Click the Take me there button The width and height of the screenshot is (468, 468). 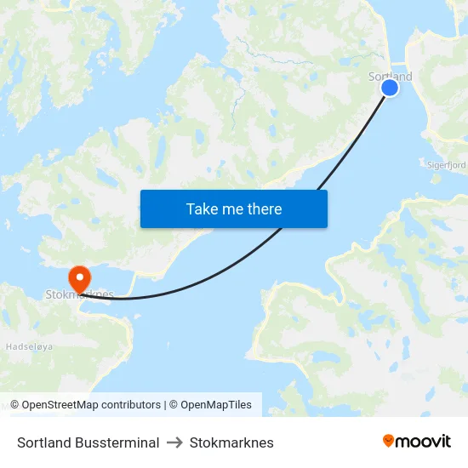[233, 208]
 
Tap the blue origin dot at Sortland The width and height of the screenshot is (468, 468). [390, 88]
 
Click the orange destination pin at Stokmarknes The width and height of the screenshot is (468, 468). [79, 277]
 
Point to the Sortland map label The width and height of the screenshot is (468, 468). [390, 77]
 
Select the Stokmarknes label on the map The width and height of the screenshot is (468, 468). [79, 295]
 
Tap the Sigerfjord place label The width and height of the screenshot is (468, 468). [447, 165]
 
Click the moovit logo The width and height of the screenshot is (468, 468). [416, 442]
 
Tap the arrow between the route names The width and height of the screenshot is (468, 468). [174, 442]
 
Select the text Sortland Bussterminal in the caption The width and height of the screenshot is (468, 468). [88, 442]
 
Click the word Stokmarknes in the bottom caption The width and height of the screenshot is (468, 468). [231, 442]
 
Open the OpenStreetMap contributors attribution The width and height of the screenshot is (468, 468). [91, 405]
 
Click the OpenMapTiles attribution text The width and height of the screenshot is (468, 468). [215, 405]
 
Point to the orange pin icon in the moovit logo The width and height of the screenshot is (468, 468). [388, 441]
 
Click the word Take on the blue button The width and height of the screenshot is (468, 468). [201, 208]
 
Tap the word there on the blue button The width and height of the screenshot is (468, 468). [263, 208]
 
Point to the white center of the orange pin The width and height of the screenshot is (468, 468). [79, 275]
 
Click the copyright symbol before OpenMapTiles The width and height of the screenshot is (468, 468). [174, 405]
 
